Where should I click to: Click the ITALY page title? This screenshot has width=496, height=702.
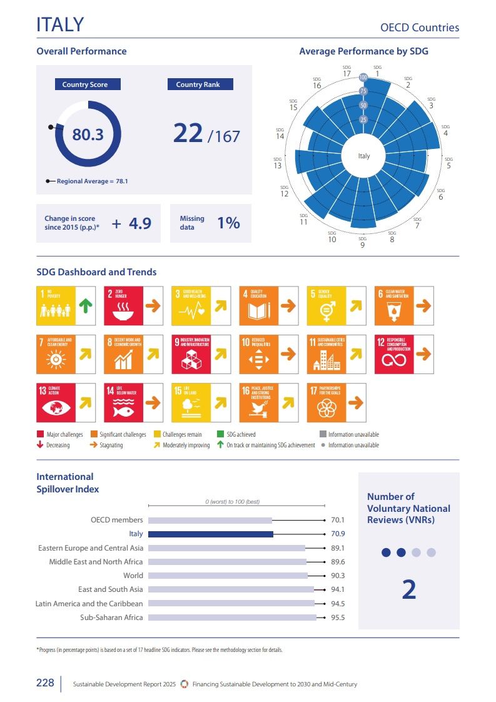pyautogui.click(x=60, y=24)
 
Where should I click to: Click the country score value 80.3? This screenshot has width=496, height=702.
pyautogui.click(x=88, y=134)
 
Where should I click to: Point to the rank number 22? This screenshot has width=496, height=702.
pyautogui.click(x=188, y=133)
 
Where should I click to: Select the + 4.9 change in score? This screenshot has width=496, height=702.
pyautogui.click(x=132, y=223)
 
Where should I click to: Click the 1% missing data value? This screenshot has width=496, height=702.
pyautogui.click(x=228, y=223)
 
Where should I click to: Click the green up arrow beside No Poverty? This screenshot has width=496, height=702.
pyautogui.click(x=85, y=306)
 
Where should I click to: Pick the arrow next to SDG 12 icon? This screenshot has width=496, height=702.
pyautogui.click(x=423, y=354)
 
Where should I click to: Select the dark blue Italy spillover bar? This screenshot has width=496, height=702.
pyautogui.click(x=211, y=534)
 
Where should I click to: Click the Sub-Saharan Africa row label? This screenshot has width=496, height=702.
pyautogui.click(x=111, y=618)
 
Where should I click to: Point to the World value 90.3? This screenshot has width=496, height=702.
pyautogui.click(x=338, y=576)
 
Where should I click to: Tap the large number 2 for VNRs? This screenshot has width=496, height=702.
pyautogui.click(x=408, y=590)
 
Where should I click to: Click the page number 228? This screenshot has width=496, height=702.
pyautogui.click(x=45, y=683)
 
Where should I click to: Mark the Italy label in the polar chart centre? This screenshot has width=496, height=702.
pyautogui.click(x=364, y=156)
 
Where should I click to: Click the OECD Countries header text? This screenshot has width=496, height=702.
pyautogui.click(x=420, y=28)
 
